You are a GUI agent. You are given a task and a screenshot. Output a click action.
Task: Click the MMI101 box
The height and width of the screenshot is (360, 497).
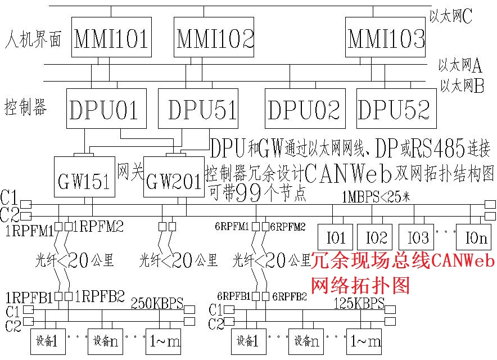111,37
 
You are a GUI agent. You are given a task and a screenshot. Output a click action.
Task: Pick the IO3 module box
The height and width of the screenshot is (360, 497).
417,236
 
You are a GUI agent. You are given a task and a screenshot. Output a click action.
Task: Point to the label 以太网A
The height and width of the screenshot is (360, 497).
460,66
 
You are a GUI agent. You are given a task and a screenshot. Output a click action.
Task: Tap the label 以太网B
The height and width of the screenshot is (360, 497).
462,86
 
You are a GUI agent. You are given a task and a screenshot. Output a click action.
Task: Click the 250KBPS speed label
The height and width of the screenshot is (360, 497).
157,304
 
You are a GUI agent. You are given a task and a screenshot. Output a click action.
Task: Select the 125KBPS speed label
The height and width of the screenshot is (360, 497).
358,304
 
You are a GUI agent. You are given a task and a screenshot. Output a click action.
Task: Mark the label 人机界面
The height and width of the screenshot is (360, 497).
32,41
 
